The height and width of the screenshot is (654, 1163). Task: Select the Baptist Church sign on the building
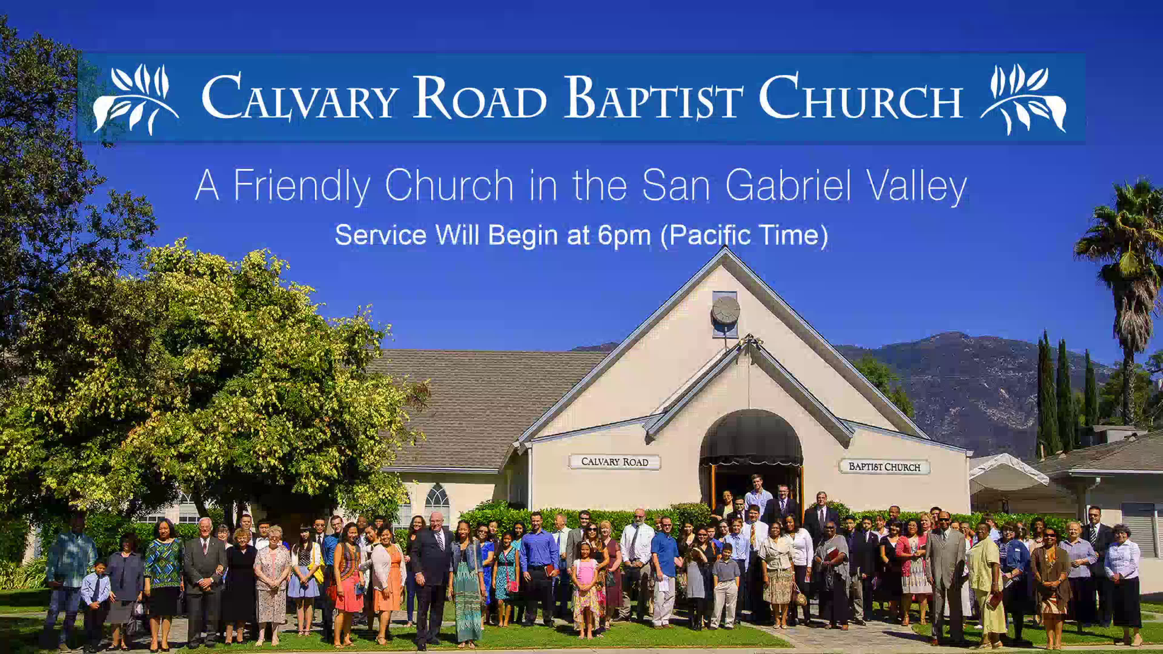884,467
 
